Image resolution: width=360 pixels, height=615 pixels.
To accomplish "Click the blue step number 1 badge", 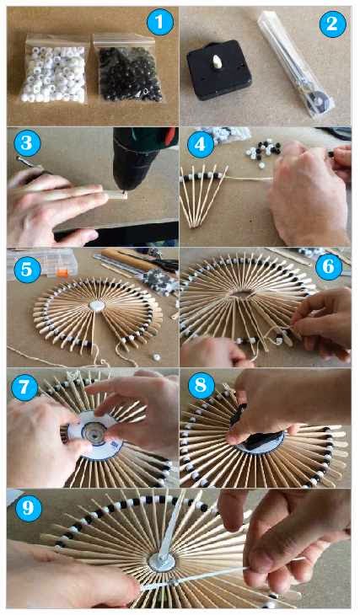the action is (160, 22).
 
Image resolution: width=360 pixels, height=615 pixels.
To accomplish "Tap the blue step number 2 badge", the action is (332, 24).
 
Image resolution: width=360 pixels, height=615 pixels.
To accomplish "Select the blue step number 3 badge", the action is (28, 143).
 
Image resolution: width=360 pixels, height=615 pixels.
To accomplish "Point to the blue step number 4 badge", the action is (201, 145).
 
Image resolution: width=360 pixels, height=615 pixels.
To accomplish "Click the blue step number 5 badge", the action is (27, 270).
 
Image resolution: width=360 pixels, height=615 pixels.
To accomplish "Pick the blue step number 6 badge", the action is (329, 267).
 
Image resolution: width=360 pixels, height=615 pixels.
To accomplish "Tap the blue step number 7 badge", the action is (24, 388).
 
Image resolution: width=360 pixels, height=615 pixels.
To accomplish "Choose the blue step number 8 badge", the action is (201, 386).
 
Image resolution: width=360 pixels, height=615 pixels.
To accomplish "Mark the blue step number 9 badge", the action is (29, 508).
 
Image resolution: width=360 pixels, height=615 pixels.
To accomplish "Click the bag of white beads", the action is (54, 70).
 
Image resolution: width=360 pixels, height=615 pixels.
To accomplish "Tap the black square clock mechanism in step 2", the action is (218, 69).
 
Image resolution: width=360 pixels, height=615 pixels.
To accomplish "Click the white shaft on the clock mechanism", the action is (217, 61).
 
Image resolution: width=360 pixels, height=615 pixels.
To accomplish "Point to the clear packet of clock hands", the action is (296, 64).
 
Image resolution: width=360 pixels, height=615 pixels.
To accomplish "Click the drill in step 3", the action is (142, 158).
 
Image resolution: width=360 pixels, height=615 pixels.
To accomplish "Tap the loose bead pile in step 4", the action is (263, 151).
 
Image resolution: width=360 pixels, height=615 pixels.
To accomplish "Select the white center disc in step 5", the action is (97, 306).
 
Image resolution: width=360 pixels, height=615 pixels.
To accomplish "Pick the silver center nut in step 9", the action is (162, 562).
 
